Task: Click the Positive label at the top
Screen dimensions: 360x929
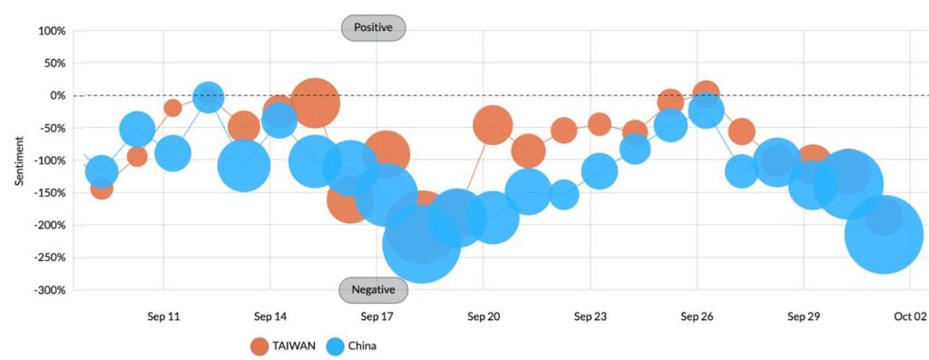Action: pyautogui.click(x=373, y=28)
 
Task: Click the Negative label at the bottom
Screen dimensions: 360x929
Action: pyautogui.click(x=373, y=290)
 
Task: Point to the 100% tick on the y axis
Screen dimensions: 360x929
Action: pyautogui.click(x=51, y=31)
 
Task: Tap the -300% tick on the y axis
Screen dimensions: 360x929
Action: pyautogui.click(x=47, y=290)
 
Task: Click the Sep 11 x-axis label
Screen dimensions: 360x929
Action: pyautogui.click(x=164, y=316)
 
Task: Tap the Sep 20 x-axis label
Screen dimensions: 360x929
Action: pyautogui.click(x=484, y=316)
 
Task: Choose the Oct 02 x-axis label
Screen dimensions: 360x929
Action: pyautogui.click(x=909, y=316)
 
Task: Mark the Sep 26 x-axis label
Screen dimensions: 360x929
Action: pyautogui.click(x=697, y=316)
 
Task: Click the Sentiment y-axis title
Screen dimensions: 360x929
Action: pyautogui.click(x=19, y=161)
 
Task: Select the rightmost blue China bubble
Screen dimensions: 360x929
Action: pyautogui.click(x=884, y=234)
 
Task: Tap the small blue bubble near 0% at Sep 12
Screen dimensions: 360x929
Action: pyautogui.click(x=209, y=96)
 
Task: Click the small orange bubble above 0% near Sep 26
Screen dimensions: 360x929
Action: pyautogui.click(x=707, y=92)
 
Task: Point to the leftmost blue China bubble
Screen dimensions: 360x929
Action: pyautogui.click(x=101, y=170)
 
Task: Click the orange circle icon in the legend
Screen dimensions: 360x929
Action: pyautogui.click(x=259, y=345)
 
